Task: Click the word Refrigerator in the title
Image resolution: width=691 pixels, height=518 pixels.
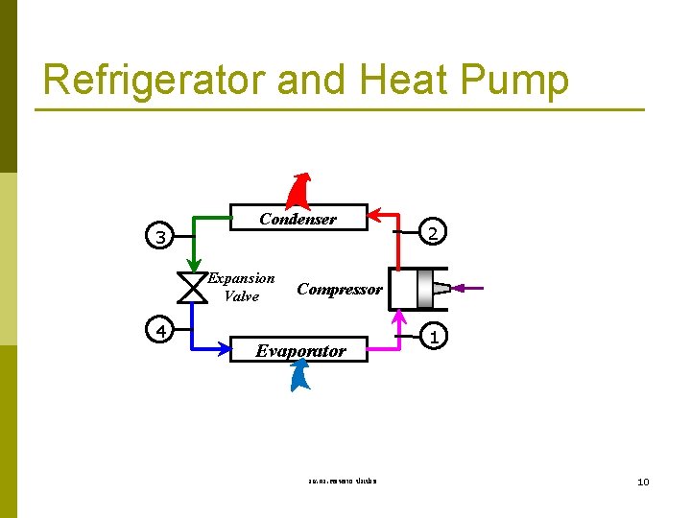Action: click(x=155, y=81)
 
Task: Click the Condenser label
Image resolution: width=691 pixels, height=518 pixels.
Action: click(x=298, y=219)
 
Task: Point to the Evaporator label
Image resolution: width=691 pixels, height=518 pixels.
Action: click(x=300, y=351)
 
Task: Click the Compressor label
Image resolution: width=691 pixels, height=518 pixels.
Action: click(x=340, y=289)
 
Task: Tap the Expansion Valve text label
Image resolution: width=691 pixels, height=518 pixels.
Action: click(x=242, y=288)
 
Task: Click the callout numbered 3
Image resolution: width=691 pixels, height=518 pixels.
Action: click(x=162, y=236)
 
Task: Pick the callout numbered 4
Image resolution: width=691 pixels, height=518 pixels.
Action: click(x=162, y=331)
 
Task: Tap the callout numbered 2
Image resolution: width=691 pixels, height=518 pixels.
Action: click(x=433, y=233)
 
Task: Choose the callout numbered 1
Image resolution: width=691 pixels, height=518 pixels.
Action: click(x=435, y=337)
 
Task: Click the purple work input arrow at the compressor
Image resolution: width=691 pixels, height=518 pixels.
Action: click(x=469, y=288)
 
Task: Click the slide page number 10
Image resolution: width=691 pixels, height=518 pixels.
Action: click(x=643, y=481)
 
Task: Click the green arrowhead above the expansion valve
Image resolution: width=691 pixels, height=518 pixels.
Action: click(x=193, y=268)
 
